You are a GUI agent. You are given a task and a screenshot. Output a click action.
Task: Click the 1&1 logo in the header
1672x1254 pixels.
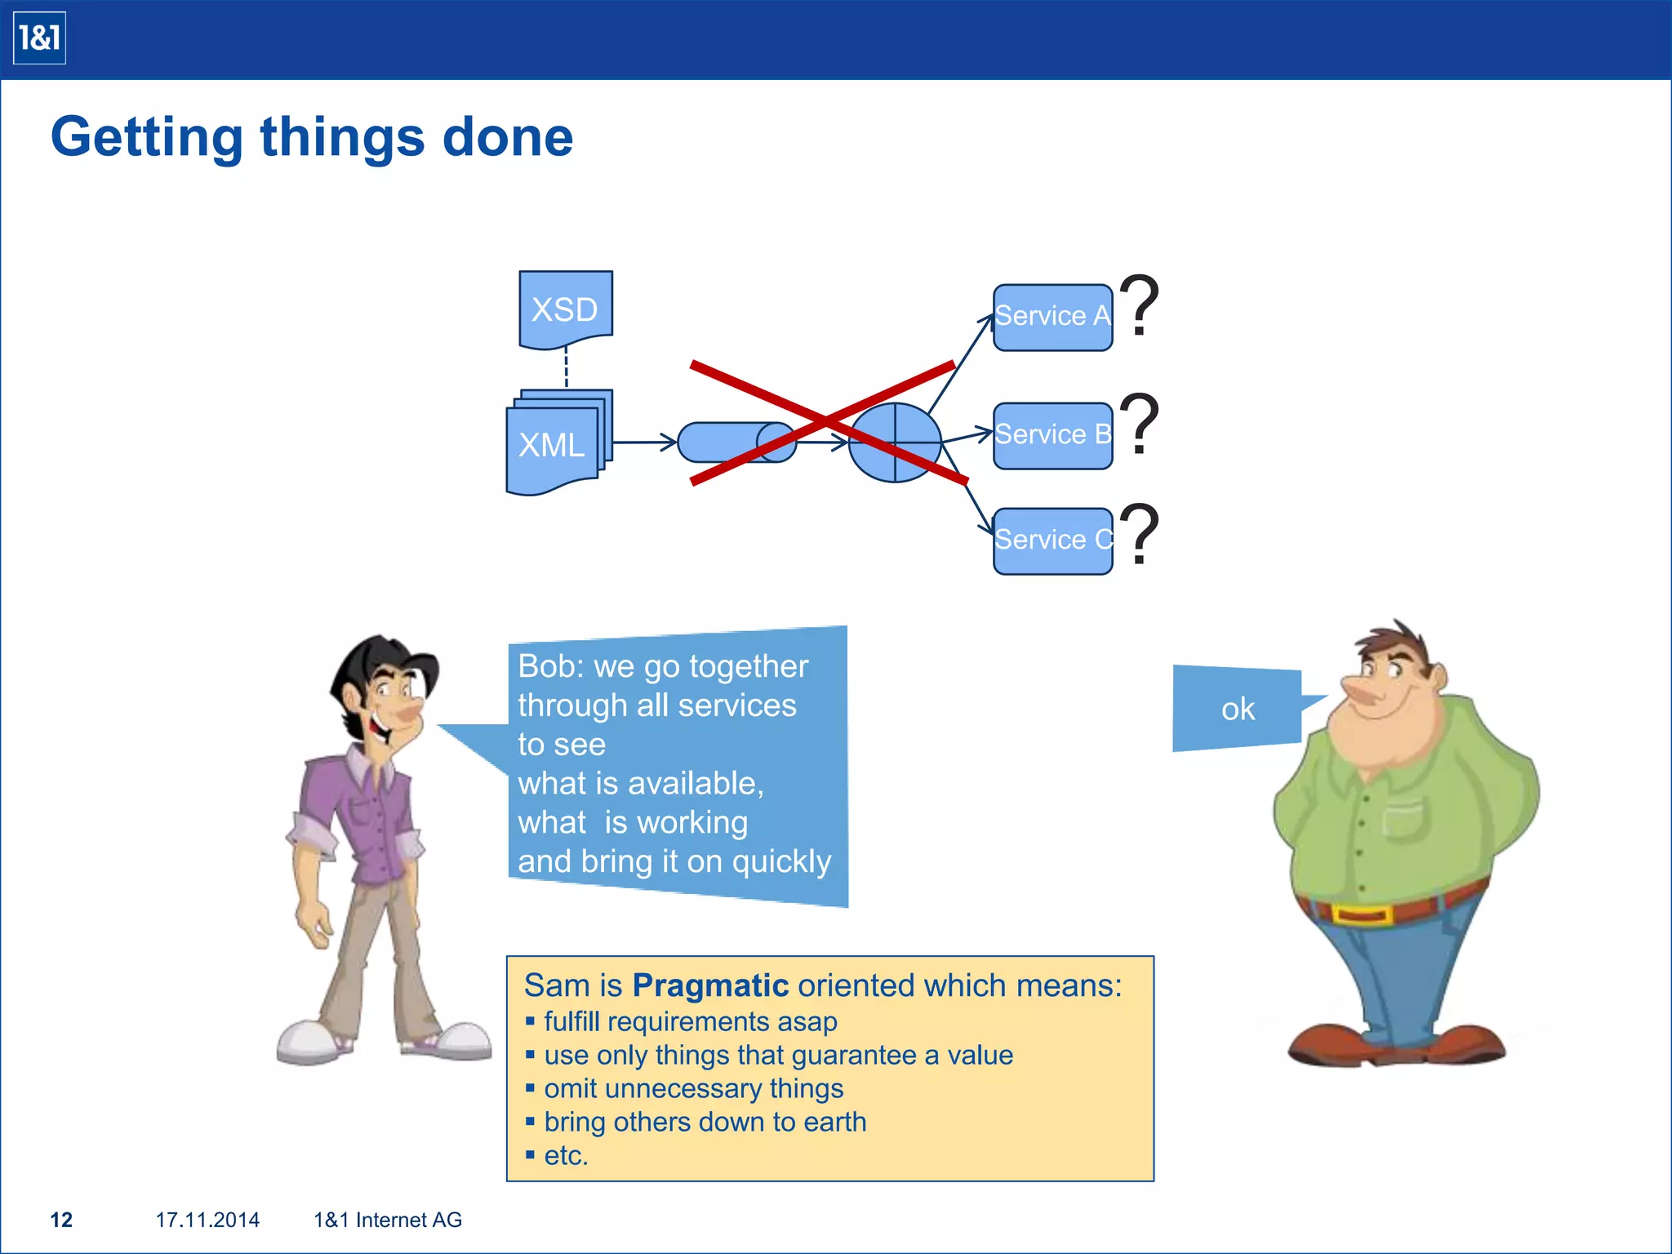[x=39, y=38]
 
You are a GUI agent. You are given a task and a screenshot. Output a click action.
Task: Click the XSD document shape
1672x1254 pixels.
[x=565, y=309]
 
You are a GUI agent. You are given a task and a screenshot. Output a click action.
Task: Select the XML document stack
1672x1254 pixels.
[x=555, y=444]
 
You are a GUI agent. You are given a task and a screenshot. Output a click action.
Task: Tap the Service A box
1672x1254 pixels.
[x=1052, y=317]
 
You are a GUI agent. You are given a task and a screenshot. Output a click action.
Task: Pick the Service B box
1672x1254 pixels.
[x=1052, y=435]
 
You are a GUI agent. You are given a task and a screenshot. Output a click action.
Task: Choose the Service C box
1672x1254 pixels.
[x=1052, y=540]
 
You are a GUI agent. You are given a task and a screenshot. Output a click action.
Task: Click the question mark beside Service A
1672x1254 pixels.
[x=1139, y=305]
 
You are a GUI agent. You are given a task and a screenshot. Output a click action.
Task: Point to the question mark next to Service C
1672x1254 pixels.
[x=1139, y=534]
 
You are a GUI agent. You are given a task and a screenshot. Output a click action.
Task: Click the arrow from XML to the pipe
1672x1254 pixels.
[x=645, y=442]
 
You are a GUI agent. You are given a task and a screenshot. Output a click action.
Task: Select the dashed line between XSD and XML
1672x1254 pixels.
[x=566, y=368]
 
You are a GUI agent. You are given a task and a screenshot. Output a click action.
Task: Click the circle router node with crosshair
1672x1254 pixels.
[x=895, y=442]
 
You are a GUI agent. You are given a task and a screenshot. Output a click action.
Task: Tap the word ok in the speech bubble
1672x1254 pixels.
[x=1238, y=709]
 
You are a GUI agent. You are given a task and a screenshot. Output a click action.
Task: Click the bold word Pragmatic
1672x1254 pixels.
[x=710, y=985]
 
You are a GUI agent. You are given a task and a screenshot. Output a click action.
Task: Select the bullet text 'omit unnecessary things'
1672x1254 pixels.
[x=693, y=1088]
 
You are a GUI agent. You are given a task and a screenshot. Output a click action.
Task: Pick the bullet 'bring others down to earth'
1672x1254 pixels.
[x=705, y=1122]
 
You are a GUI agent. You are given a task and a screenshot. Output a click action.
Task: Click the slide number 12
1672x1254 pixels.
[x=61, y=1220]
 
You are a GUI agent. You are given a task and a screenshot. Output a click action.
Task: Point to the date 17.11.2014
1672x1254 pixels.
[x=207, y=1220]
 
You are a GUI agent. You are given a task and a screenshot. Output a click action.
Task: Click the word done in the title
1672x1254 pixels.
[x=507, y=136]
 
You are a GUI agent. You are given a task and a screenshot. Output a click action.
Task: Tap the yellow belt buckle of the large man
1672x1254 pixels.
[x=1361, y=914]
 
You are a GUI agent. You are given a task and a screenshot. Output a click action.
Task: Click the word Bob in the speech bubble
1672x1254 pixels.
[x=546, y=666]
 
